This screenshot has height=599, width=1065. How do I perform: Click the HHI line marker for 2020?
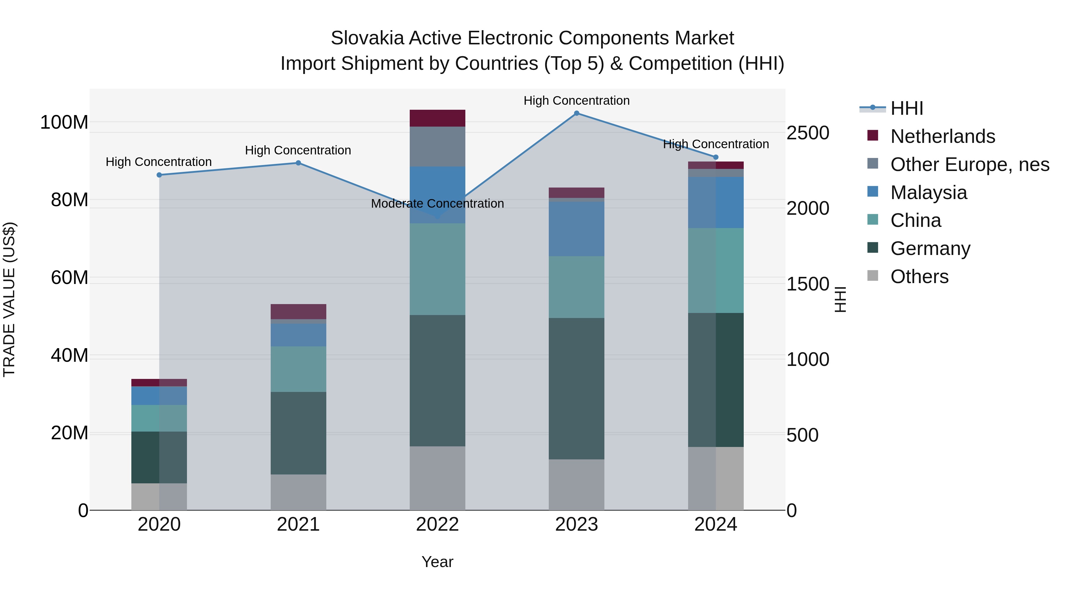point(159,175)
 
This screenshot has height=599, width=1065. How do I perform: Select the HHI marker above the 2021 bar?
point(298,163)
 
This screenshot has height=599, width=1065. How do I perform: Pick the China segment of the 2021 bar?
point(298,369)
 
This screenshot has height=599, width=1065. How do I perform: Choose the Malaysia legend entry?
point(929,193)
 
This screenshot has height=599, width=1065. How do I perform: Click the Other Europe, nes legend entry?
point(969,164)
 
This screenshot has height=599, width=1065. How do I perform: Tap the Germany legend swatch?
point(872,248)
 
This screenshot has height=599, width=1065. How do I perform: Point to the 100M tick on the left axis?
point(64,122)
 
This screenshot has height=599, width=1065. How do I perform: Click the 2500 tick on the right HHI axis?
point(807,133)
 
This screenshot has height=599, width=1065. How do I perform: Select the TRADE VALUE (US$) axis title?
point(9,299)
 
